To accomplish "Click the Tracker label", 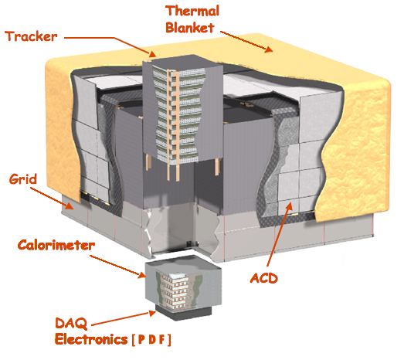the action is [x=31, y=36].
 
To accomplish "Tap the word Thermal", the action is [x=192, y=11].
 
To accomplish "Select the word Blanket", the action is [x=190, y=28].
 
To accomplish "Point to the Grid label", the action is [x=23, y=178].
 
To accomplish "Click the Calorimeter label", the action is [x=56, y=245].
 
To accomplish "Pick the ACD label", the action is [x=264, y=278].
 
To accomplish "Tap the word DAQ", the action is [x=71, y=324].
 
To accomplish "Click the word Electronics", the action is [x=91, y=339].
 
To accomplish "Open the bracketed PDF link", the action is [x=151, y=340].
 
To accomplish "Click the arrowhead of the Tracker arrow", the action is [x=153, y=54].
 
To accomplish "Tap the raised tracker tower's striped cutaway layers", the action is [x=178, y=114].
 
